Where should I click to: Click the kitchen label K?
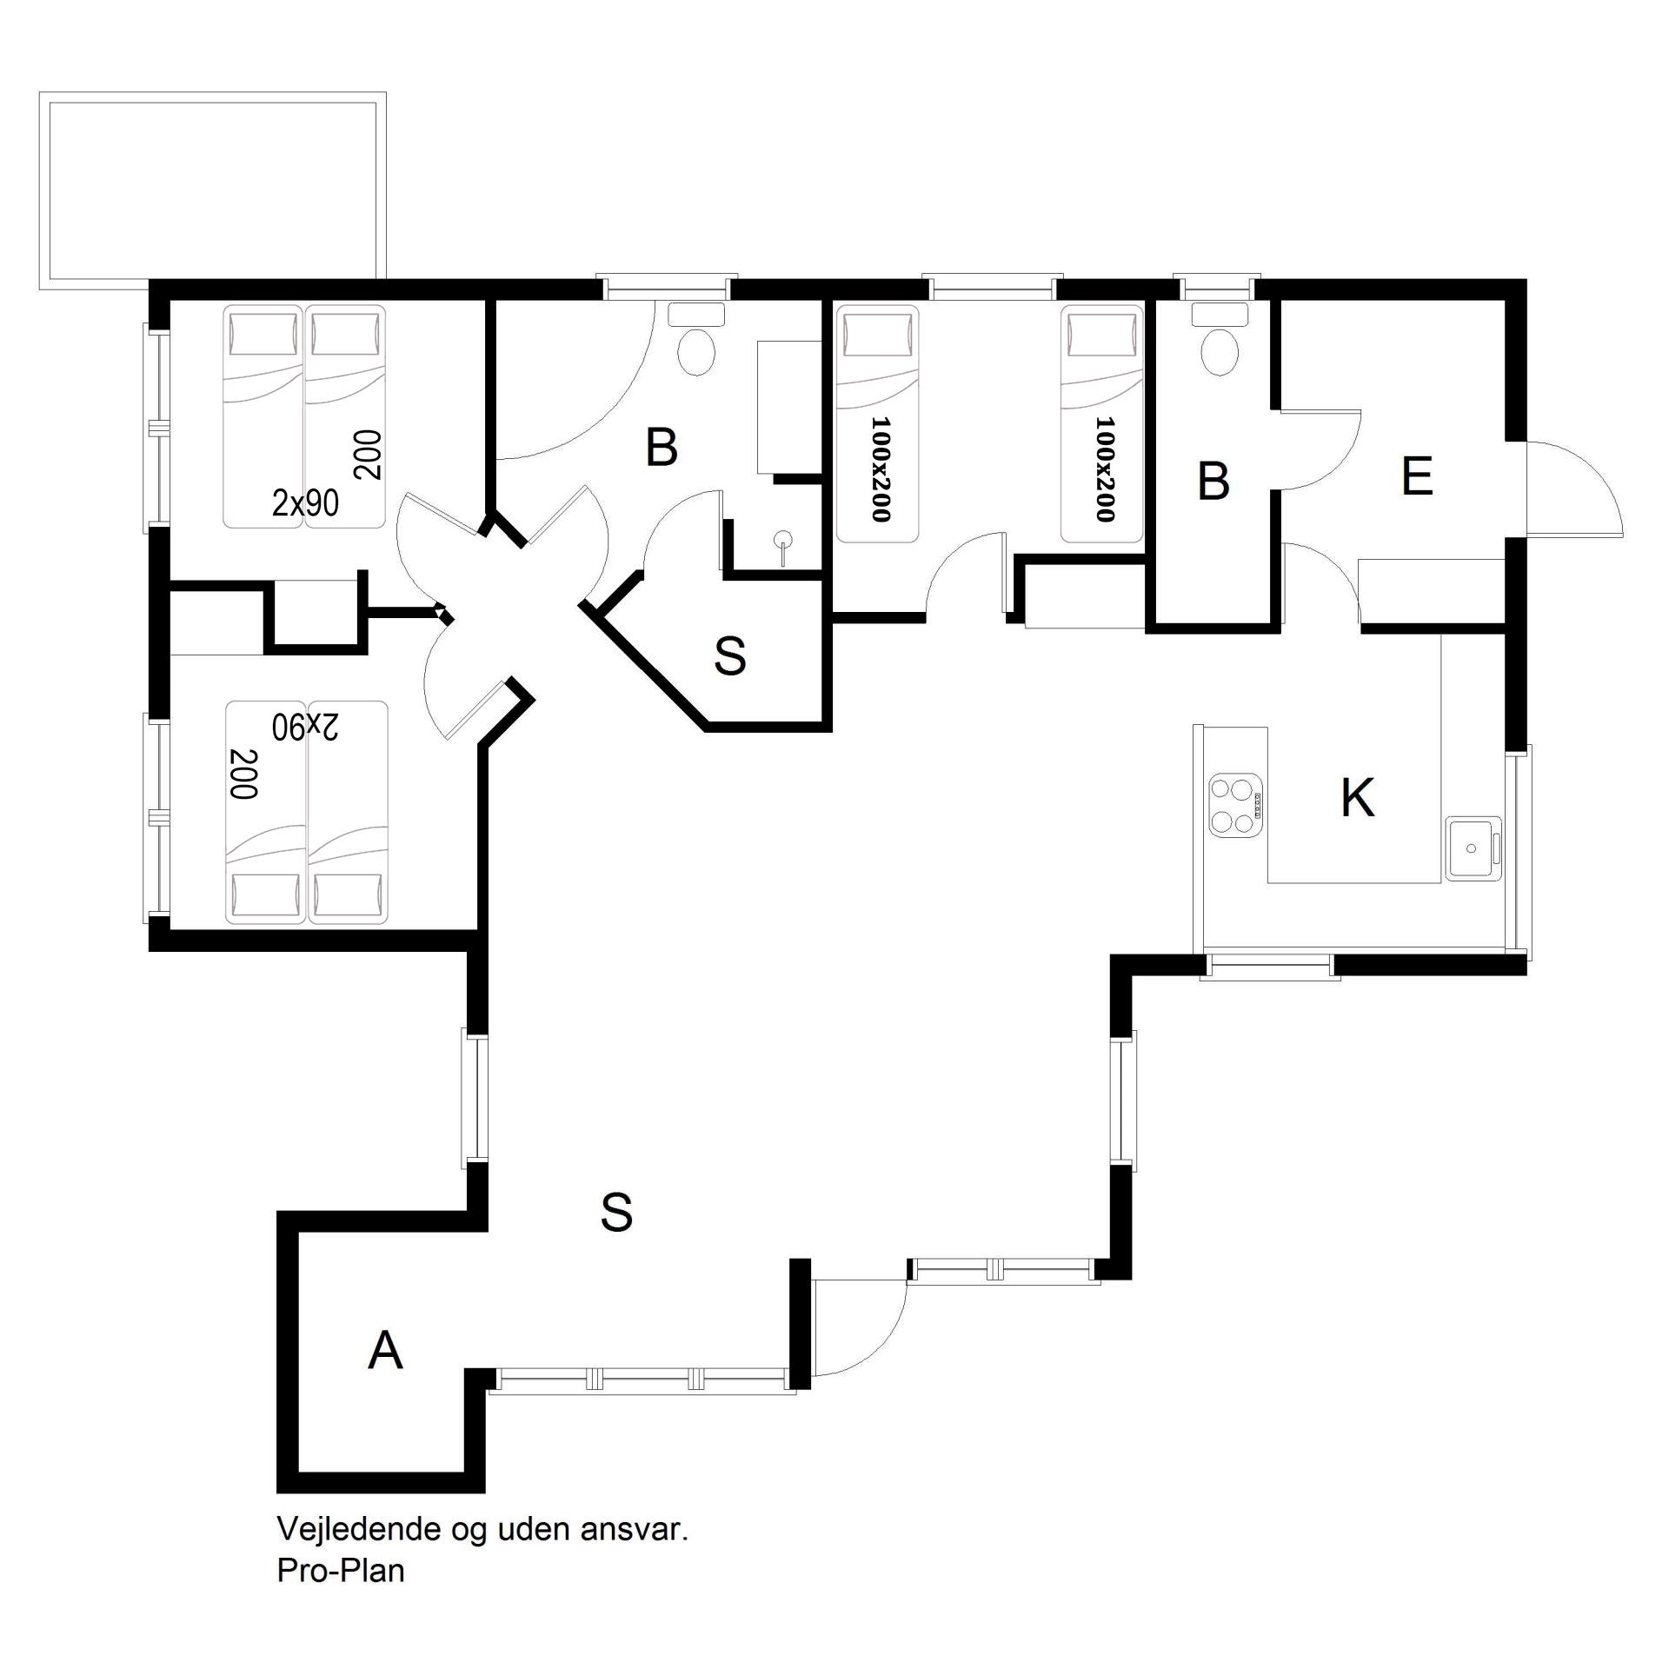click(x=1357, y=797)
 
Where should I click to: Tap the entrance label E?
click(x=1417, y=477)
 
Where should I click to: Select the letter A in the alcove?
click(x=385, y=1350)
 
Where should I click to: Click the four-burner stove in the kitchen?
click(x=1235, y=805)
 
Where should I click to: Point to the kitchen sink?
click(x=1473, y=848)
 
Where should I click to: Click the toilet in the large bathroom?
click(x=695, y=340)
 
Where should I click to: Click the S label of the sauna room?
click(x=729, y=656)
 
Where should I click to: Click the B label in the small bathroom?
click(x=1214, y=481)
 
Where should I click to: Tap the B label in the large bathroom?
click(x=662, y=449)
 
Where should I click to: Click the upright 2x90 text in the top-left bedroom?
click(x=305, y=502)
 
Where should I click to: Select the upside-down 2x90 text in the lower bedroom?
click(x=305, y=727)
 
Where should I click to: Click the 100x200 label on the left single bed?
click(x=880, y=469)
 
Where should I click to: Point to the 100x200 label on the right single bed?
click(x=1104, y=469)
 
